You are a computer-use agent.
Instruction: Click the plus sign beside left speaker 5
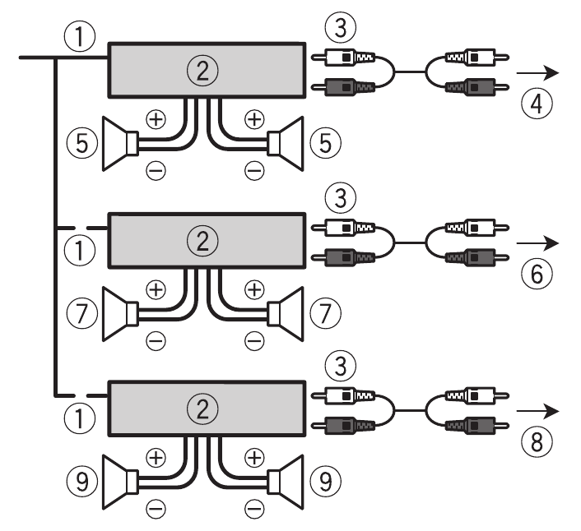(156, 119)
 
